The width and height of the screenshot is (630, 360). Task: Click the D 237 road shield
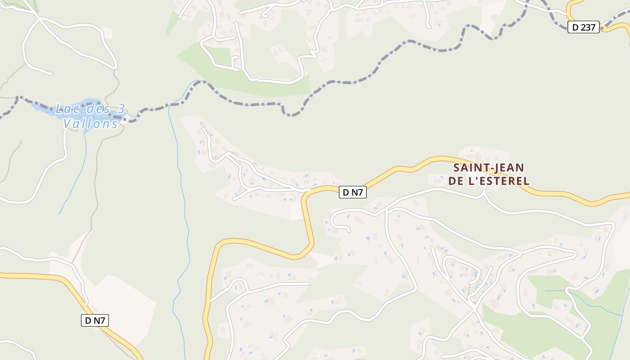(x=583, y=27)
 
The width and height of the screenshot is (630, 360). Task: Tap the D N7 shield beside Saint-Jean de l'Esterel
(x=352, y=193)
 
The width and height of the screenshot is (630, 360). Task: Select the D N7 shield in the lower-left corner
(x=95, y=320)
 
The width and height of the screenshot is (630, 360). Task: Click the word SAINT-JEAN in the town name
(x=488, y=168)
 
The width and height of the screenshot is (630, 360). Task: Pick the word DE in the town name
(x=457, y=181)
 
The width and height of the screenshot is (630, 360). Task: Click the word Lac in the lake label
(x=64, y=109)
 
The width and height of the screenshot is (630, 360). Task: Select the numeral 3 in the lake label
(x=121, y=109)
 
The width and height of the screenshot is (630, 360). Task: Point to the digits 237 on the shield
(x=588, y=27)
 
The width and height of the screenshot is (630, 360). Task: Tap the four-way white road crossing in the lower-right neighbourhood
(x=474, y=309)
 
